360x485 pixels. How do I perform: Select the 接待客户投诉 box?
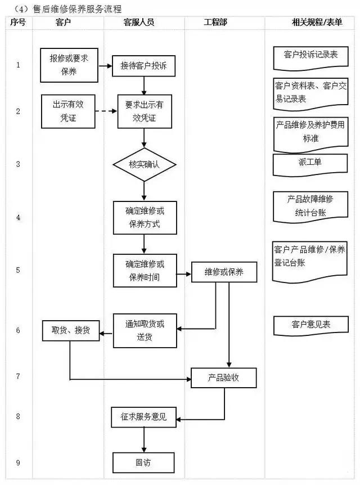pos(144,66)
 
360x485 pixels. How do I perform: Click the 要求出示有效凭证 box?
pos(144,111)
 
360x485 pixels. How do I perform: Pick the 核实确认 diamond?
pos(144,165)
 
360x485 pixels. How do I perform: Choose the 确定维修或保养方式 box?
pos(144,218)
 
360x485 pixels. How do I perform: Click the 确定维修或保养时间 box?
pos(144,270)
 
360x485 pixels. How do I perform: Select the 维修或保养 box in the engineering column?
pos(224,272)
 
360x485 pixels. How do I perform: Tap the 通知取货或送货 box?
pos(144,330)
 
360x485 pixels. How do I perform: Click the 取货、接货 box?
pos(71,330)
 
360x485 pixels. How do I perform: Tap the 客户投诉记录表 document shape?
pos(310,56)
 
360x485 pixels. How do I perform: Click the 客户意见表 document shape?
pos(310,325)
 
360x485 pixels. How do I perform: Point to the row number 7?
pos(18,375)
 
